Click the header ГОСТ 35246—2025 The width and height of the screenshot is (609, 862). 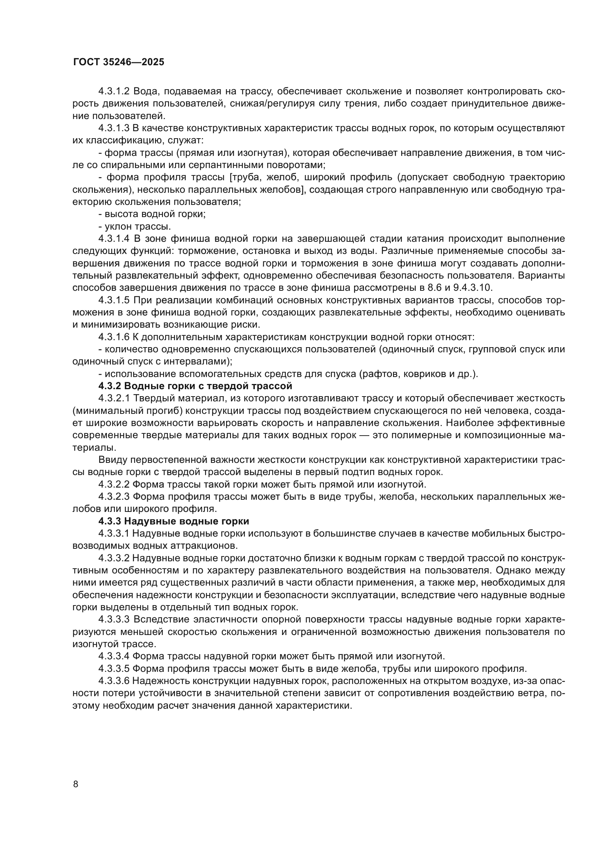(x=119, y=62)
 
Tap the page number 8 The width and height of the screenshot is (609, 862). (x=76, y=784)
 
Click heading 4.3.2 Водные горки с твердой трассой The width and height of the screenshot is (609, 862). (x=195, y=386)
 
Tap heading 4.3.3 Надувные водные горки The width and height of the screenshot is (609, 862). (x=174, y=521)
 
